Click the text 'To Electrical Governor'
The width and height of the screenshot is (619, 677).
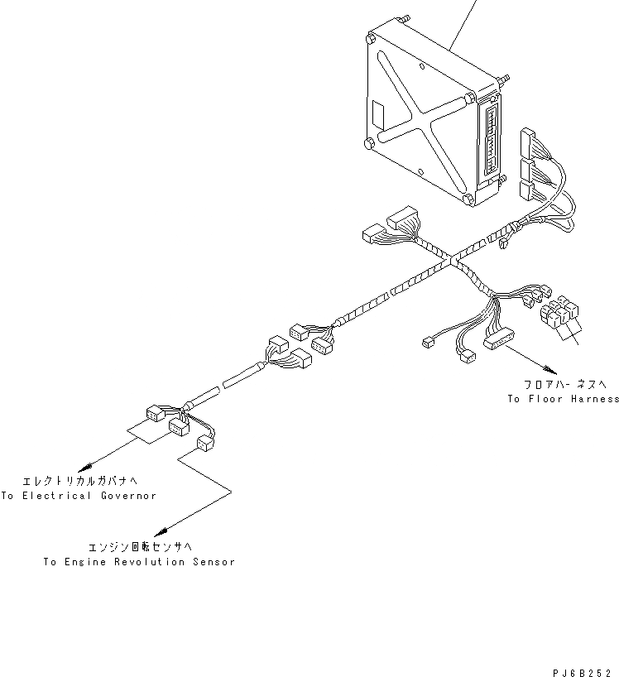[x=79, y=496]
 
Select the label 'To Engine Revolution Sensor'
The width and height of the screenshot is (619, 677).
[x=139, y=562]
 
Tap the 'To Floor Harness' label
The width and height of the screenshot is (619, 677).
[x=564, y=399]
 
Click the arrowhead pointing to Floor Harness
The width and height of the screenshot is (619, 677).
[x=546, y=367]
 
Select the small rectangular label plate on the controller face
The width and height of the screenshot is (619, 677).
[x=377, y=112]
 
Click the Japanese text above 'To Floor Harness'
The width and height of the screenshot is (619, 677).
[x=564, y=384]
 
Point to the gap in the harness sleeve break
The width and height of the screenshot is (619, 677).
[x=221, y=385]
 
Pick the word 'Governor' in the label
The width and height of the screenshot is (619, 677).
[x=128, y=496]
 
